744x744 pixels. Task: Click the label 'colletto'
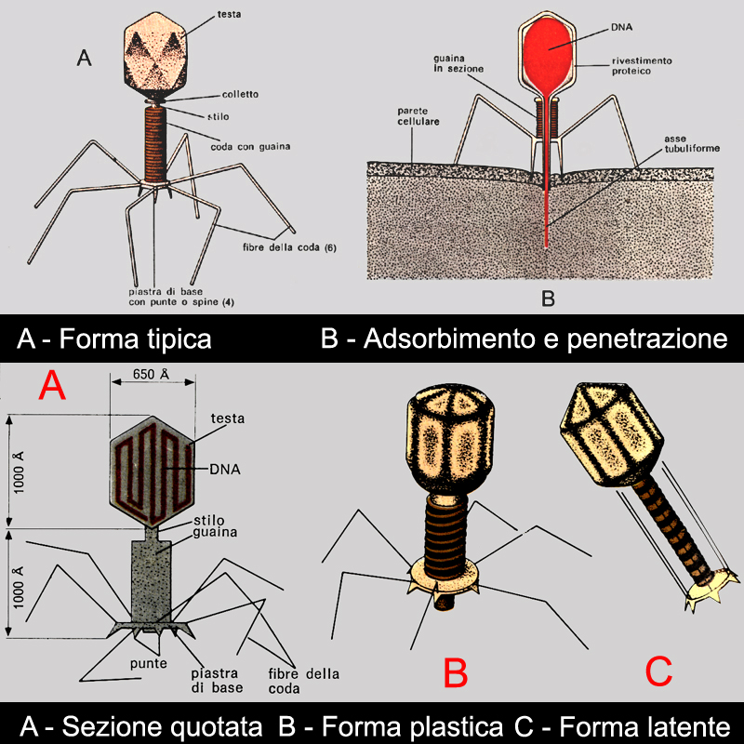[x=241, y=94]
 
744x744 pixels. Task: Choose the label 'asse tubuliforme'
[x=688, y=143]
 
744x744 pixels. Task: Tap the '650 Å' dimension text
[x=153, y=376]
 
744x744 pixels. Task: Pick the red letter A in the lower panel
[x=51, y=384]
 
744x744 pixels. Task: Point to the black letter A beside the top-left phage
[x=84, y=59]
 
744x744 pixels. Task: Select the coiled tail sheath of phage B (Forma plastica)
[x=449, y=525]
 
